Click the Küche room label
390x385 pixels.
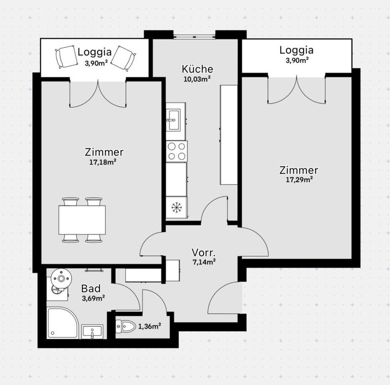click(x=198, y=69)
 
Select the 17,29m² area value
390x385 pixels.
click(x=299, y=179)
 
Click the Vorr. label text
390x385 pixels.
click(x=204, y=252)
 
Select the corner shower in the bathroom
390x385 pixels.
click(x=62, y=322)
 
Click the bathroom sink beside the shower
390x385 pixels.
click(x=92, y=332)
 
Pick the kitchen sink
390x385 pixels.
click(x=174, y=118)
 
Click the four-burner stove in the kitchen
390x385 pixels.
click(x=176, y=151)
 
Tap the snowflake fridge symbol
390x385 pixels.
click(x=176, y=208)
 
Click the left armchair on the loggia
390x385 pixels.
click(x=66, y=56)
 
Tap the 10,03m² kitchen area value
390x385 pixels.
click(x=197, y=79)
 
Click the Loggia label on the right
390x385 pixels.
click(x=296, y=50)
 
